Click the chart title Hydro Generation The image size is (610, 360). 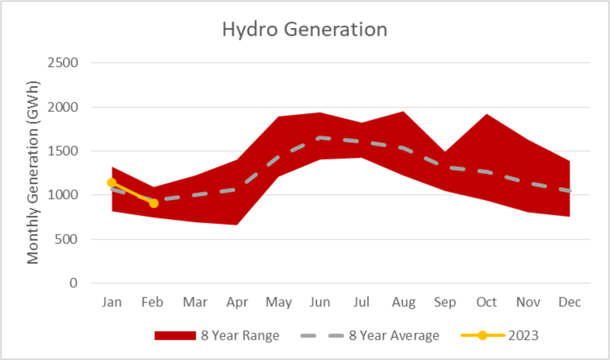(x=304, y=29)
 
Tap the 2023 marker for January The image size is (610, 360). (x=112, y=183)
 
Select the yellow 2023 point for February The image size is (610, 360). (x=154, y=203)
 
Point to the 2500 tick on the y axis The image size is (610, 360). (x=63, y=63)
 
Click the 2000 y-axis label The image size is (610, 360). (x=63, y=107)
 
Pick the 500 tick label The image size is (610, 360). (x=66, y=239)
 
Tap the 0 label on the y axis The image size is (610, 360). (x=73, y=283)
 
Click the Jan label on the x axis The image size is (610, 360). (x=112, y=302)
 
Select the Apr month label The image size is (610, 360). (x=237, y=302)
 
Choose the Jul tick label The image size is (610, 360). (x=361, y=302)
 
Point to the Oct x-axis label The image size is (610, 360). (x=486, y=302)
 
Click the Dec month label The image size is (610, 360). (x=569, y=302)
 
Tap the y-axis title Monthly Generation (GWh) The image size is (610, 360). (x=33, y=173)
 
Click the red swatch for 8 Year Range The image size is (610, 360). (x=175, y=336)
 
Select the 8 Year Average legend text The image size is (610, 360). (x=394, y=336)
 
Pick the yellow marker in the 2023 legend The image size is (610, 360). (x=482, y=336)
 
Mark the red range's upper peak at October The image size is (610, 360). (x=486, y=115)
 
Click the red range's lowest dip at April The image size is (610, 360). (x=237, y=225)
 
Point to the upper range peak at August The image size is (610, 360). (x=403, y=112)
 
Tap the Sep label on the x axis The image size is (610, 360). (x=445, y=302)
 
